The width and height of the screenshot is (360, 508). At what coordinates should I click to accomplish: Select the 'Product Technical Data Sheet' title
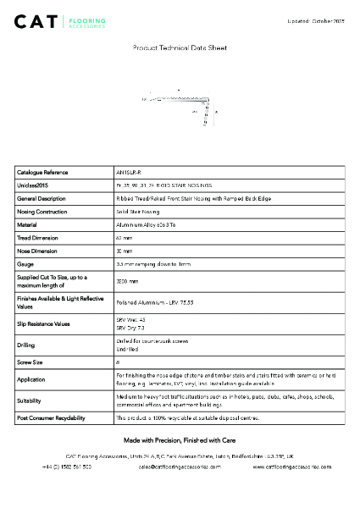(x=180, y=48)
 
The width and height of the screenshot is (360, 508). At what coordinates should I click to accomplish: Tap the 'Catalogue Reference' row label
(x=43, y=172)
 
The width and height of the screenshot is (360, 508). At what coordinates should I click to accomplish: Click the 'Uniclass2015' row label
(x=33, y=185)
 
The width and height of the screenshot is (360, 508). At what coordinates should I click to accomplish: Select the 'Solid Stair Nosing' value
(x=137, y=211)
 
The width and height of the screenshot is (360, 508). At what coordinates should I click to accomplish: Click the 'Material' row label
(x=28, y=224)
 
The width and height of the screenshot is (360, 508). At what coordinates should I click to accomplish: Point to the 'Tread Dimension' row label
(x=39, y=238)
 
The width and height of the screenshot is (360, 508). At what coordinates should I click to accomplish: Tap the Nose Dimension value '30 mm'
(x=124, y=251)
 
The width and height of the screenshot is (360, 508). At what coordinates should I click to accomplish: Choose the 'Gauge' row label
(x=25, y=265)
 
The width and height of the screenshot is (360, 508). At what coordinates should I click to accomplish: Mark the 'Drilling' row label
(x=26, y=345)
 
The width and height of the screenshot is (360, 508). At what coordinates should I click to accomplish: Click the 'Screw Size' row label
(x=30, y=362)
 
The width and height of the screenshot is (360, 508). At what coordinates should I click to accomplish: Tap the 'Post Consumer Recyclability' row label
(x=51, y=418)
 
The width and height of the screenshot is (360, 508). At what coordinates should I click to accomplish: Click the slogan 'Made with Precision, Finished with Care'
(x=180, y=440)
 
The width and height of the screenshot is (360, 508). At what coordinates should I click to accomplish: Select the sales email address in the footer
(x=180, y=467)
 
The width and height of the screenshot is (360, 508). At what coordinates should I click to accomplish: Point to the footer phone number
(x=67, y=467)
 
